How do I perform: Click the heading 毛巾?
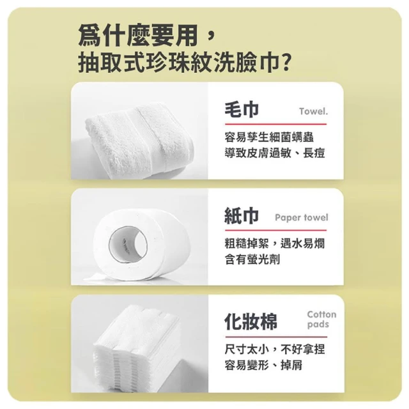242,109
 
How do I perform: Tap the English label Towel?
313,111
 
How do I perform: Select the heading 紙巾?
242,216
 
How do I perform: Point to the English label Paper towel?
302,217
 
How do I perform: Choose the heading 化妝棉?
251,321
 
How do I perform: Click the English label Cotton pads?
321,320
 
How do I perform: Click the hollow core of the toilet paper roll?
128,245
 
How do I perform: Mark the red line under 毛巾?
275,124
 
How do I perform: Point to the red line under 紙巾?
275,230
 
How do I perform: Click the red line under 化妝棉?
276,337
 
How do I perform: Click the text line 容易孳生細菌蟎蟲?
269,137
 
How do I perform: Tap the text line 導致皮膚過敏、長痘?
275,153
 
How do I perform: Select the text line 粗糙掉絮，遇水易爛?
275,243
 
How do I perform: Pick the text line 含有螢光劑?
252,259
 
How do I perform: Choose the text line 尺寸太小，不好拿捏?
275,350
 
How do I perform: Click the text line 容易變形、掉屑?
264,365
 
